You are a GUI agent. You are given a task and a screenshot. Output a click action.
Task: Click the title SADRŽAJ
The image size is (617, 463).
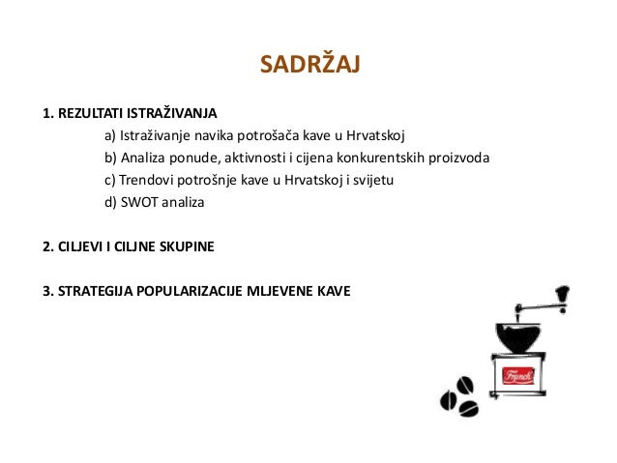point(309,65)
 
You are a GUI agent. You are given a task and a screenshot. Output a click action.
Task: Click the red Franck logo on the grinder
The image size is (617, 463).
point(517,375)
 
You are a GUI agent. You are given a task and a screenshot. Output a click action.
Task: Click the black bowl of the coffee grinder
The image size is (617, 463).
point(517,336)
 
